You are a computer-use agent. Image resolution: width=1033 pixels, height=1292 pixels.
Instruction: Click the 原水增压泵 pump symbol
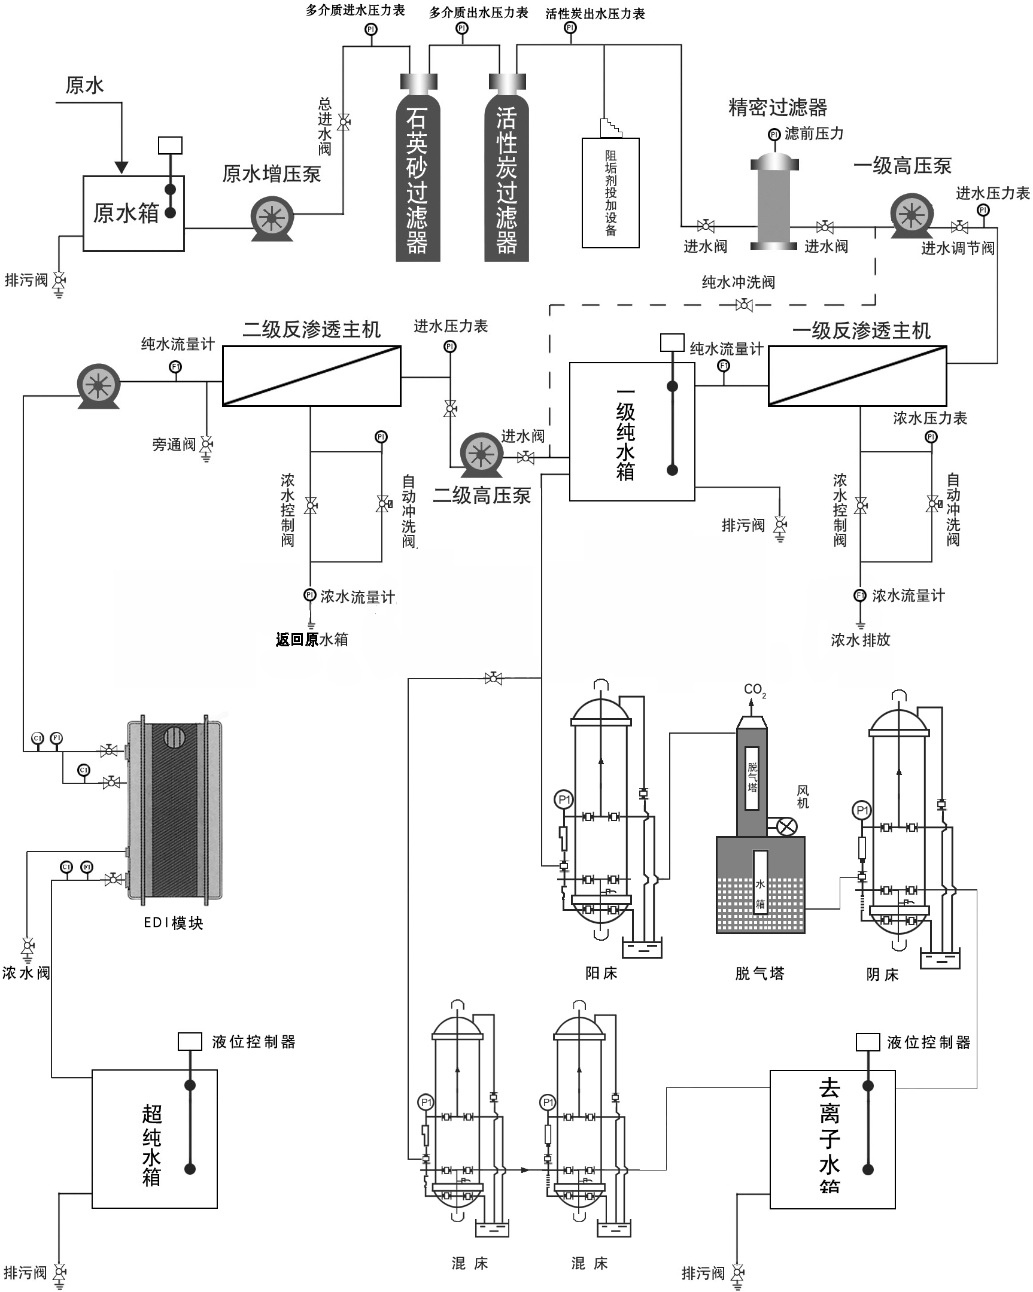[272, 218]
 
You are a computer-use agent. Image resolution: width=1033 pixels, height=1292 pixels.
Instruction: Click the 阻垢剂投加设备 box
[610, 192]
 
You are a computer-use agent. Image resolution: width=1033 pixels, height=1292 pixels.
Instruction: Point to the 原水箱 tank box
[133, 213]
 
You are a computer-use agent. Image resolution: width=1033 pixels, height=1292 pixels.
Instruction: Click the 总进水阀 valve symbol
[344, 122]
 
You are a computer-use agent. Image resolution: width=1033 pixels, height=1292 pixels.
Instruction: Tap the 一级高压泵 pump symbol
[912, 214]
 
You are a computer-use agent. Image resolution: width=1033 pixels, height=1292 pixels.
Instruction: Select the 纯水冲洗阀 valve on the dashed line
[743, 305]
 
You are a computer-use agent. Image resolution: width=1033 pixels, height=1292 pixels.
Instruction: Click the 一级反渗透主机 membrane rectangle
[857, 376]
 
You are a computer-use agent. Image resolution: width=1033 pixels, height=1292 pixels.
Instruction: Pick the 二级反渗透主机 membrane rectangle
[311, 376]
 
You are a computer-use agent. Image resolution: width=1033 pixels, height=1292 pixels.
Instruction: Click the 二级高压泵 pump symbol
[481, 454]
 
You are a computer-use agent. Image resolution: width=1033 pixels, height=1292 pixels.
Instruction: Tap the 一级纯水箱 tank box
[631, 431]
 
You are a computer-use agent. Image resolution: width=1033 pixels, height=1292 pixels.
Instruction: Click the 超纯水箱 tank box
[154, 1139]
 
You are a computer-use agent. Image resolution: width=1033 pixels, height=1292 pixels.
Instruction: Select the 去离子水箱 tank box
[832, 1139]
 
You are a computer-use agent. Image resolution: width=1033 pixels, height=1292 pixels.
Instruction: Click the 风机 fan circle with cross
[786, 828]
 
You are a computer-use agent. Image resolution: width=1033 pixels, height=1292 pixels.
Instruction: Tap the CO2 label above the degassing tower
[754, 690]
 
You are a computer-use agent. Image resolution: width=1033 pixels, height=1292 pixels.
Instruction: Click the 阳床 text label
[601, 973]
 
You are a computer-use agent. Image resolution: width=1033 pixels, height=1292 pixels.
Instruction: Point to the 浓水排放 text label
[860, 640]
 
